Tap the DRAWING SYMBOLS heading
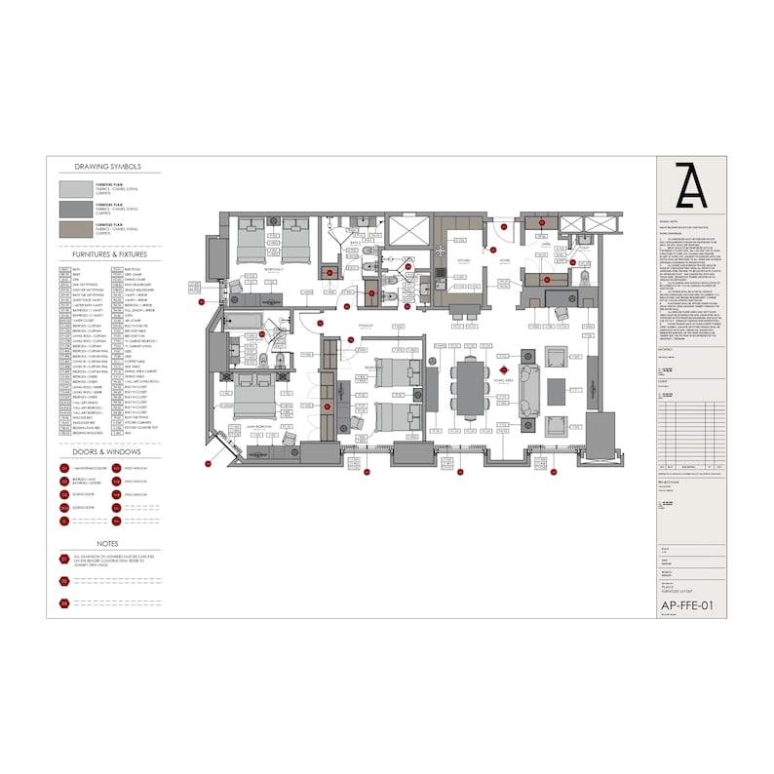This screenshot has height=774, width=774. point(107,167)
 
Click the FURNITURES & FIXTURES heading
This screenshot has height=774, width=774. point(107,254)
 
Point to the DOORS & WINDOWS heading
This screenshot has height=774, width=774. point(107,452)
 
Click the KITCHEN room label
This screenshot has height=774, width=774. point(464,260)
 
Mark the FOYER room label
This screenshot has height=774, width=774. point(505,261)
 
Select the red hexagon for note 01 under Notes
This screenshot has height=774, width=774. point(64,560)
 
